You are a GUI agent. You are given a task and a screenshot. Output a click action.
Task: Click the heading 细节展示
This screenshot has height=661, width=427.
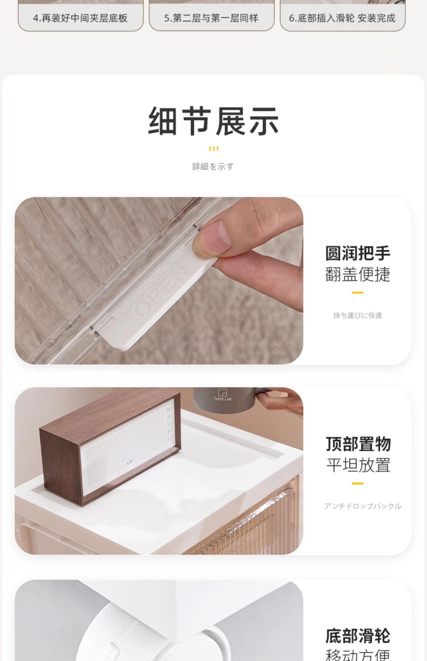[213, 121]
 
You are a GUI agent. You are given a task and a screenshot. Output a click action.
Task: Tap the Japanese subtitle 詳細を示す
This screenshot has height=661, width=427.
[213, 167]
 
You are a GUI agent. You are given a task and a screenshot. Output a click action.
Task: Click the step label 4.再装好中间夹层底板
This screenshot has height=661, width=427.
[80, 18]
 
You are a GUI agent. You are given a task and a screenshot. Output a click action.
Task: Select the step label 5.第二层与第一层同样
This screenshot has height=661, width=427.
[211, 18]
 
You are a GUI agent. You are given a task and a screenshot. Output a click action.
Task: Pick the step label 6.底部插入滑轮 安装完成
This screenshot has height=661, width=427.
[342, 18]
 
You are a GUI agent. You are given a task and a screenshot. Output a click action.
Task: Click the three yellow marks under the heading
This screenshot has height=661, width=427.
[213, 149]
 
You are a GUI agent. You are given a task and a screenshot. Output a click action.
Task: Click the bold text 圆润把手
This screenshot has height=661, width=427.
[358, 253]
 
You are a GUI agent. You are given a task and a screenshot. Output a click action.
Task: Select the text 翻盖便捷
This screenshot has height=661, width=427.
[358, 274]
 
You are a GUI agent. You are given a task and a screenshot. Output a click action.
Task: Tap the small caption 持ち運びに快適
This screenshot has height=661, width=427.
[358, 315]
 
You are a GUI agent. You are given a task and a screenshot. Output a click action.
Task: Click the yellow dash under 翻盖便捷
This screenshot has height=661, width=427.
[357, 293]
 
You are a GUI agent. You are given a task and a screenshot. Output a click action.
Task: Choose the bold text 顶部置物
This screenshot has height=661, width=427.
[358, 444]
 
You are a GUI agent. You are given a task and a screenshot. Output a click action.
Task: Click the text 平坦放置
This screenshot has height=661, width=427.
[358, 465]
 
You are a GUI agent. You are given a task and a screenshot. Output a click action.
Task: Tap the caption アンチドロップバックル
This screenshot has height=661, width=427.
[363, 506]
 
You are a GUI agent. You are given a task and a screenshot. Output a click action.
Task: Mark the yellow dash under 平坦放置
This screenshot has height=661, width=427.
[357, 483]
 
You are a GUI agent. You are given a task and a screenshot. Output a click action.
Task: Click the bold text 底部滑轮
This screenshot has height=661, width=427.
[358, 636]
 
